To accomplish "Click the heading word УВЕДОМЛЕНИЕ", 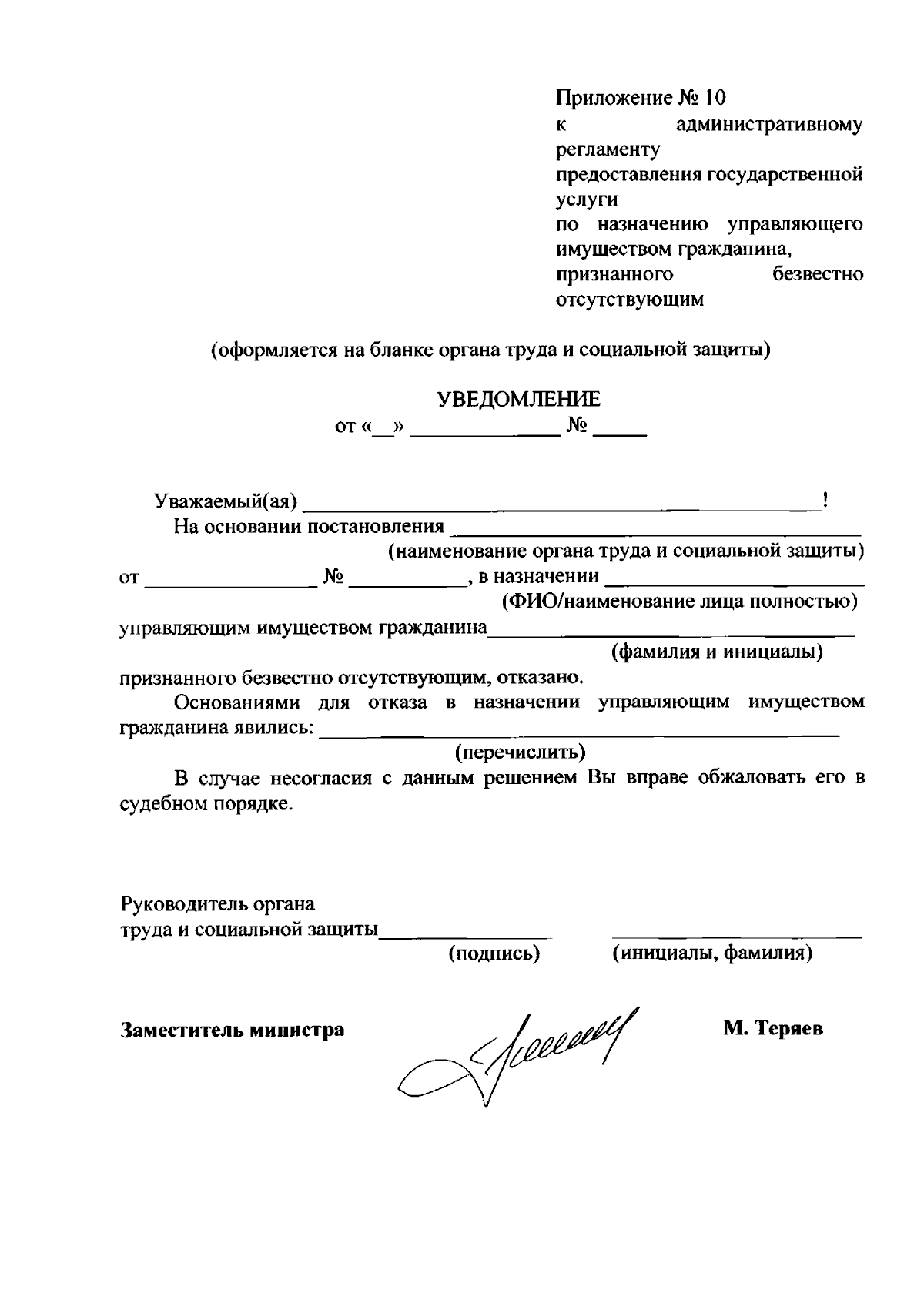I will point(519,399).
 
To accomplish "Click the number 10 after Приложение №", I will point(714,99).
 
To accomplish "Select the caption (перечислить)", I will point(520,751).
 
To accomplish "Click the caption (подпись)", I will point(494,953).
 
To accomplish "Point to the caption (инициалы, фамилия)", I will point(712,953).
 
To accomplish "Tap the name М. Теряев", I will point(772,1028).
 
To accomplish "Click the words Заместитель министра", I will point(233,1029).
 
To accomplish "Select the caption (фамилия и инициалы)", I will point(717,652).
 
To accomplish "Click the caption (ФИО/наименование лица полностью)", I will point(679,601).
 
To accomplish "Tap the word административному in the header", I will point(770,124).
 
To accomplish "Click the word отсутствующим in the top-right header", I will point(630,300).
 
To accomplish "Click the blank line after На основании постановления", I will point(654,530).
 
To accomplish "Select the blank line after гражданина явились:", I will point(577,734).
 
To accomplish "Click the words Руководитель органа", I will point(218,903).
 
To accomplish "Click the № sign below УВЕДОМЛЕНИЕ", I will point(577,426).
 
